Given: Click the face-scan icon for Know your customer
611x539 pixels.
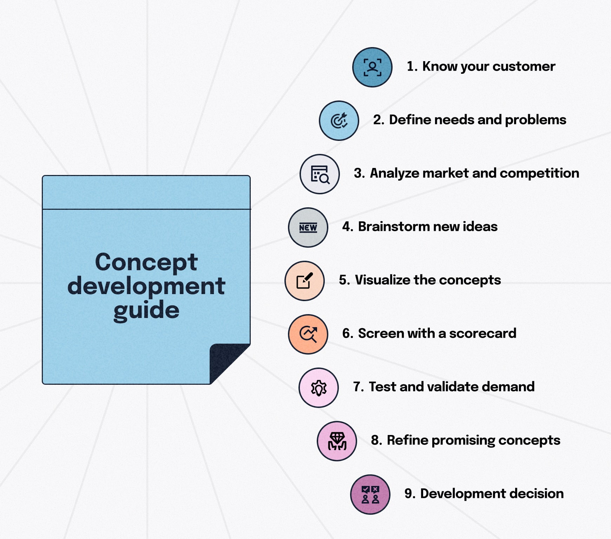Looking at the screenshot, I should click(372, 67).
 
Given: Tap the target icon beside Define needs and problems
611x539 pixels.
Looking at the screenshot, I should click(339, 121).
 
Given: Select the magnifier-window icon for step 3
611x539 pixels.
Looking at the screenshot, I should click(320, 174).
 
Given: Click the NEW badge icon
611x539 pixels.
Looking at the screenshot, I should click(308, 227).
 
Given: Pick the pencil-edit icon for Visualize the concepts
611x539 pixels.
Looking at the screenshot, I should click(304, 281).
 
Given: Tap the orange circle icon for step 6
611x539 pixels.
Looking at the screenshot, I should click(308, 334).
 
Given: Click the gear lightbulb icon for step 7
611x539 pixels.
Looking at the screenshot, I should click(318, 388).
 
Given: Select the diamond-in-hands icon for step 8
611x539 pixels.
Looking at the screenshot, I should click(337, 441).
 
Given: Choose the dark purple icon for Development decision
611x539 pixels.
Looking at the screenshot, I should click(370, 494).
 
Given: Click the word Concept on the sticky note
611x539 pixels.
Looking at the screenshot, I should click(146, 262).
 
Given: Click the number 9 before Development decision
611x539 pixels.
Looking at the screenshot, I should click(408, 494).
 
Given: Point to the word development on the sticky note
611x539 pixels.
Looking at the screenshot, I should click(146, 286).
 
